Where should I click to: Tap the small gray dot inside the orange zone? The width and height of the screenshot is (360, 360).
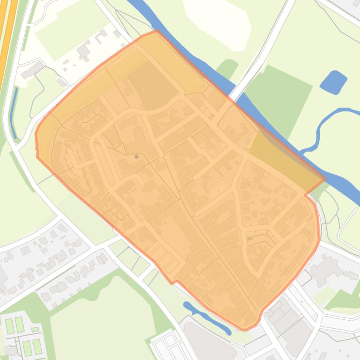(x=137, y=157)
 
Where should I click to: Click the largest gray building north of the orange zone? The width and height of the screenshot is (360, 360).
(x=84, y=50)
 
